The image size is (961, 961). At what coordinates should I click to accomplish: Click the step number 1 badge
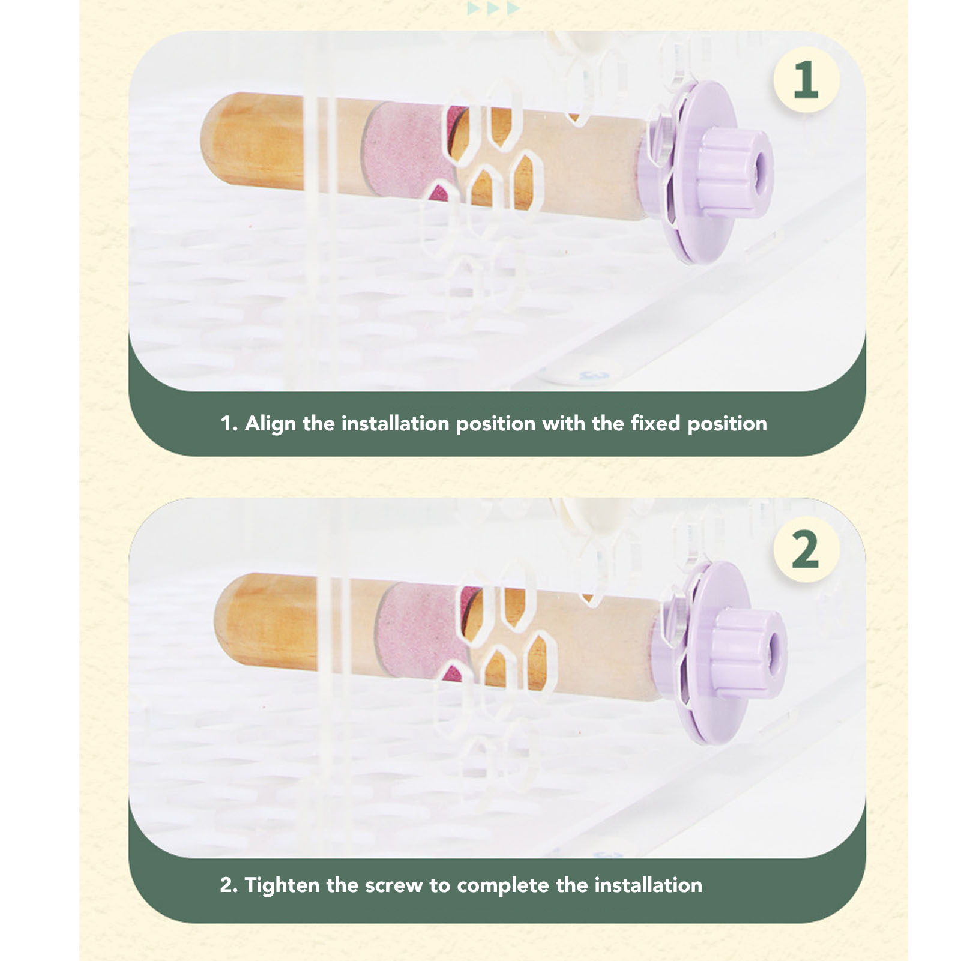pos(806,80)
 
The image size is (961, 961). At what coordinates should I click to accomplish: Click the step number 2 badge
pos(806,549)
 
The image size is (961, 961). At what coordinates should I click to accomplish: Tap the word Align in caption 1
pos(270,424)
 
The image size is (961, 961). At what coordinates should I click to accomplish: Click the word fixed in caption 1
pos(656,424)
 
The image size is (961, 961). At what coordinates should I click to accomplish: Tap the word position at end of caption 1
pos(727,424)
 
